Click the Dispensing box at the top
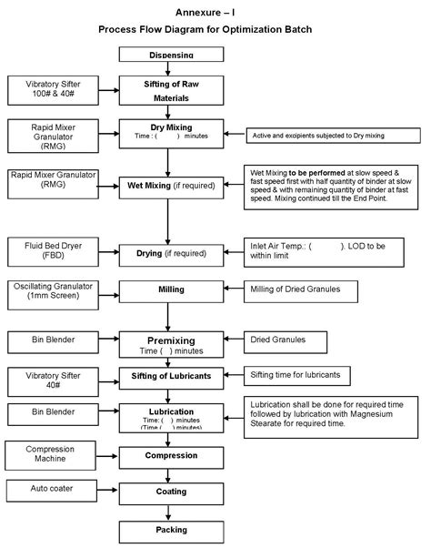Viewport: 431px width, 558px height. tap(171, 55)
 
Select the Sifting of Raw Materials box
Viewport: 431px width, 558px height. tap(171, 89)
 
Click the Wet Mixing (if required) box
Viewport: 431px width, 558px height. tap(171, 187)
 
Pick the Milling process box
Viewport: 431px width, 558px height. tap(171, 290)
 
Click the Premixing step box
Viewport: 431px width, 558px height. tap(171, 344)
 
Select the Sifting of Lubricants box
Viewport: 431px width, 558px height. tap(171, 376)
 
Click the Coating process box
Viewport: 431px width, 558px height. tap(171, 492)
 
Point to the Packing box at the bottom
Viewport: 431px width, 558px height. tap(171, 529)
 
